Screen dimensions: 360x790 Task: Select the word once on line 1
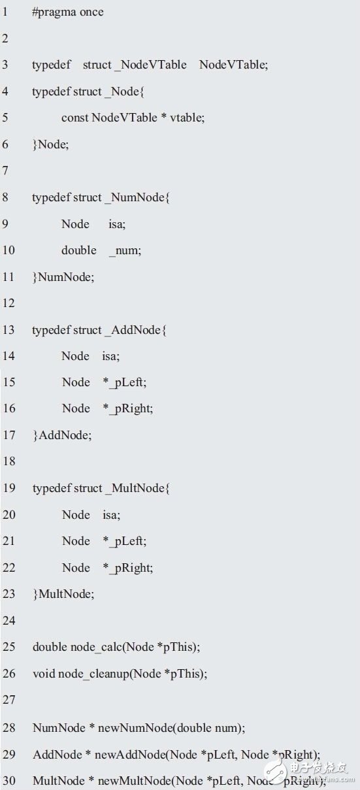click(91, 12)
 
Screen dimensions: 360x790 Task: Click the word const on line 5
click(74, 118)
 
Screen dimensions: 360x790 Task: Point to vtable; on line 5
click(188, 118)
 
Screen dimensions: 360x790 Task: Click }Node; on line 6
click(50, 144)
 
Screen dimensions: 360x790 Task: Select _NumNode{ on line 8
click(137, 197)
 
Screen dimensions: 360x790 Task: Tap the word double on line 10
click(78, 250)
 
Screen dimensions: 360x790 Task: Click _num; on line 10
click(125, 251)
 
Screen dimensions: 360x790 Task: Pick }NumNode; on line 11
click(63, 277)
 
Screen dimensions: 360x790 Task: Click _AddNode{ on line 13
click(136, 330)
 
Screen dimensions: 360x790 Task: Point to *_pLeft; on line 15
click(125, 383)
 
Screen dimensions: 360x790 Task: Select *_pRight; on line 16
click(128, 409)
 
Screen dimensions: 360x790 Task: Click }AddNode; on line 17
click(62, 435)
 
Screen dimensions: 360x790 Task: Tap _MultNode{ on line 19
click(138, 489)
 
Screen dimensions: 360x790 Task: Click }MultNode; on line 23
click(63, 594)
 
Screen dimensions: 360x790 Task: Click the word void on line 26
click(44, 674)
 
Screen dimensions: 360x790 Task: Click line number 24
click(8, 620)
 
